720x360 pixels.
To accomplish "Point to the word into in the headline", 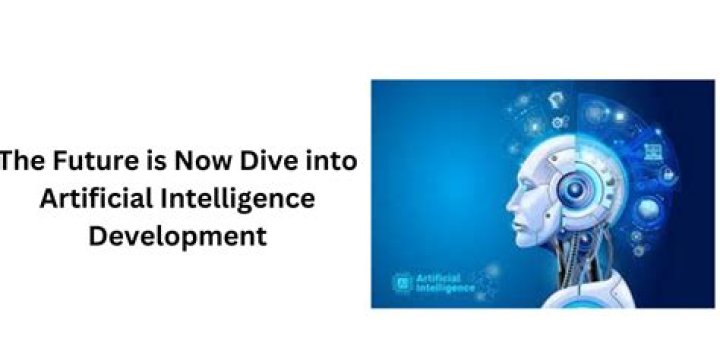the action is click(x=328, y=161).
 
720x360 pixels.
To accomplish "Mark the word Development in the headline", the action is click(x=177, y=237).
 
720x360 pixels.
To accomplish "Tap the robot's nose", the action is click(x=511, y=205).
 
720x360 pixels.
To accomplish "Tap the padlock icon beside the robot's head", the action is click(x=667, y=174).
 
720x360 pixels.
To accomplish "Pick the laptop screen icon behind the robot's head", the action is click(x=653, y=152).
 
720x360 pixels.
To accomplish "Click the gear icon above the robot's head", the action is click(x=558, y=122).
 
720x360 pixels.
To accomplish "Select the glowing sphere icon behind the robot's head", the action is click(x=648, y=209).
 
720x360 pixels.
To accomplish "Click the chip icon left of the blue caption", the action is click(x=402, y=283).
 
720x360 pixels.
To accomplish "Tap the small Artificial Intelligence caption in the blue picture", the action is click(x=445, y=283).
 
